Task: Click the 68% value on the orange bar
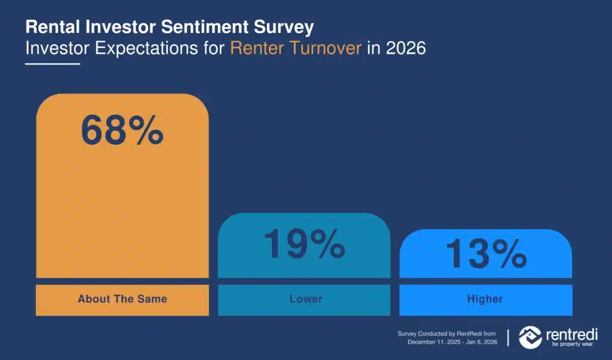(x=122, y=130)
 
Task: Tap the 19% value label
(x=304, y=244)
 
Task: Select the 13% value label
(x=486, y=254)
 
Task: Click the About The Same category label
(x=123, y=299)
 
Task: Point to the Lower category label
(x=306, y=299)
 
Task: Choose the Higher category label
(x=485, y=299)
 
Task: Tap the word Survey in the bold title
(x=284, y=28)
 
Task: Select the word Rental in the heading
(x=53, y=27)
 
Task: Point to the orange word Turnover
(x=326, y=48)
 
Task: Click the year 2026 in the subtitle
(x=406, y=48)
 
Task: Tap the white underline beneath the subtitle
(x=53, y=63)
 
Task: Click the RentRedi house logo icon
(x=531, y=337)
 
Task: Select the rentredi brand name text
(x=572, y=335)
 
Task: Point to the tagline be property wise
(x=572, y=344)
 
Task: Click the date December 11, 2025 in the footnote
(x=434, y=342)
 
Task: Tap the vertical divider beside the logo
(x=508, y=338)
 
